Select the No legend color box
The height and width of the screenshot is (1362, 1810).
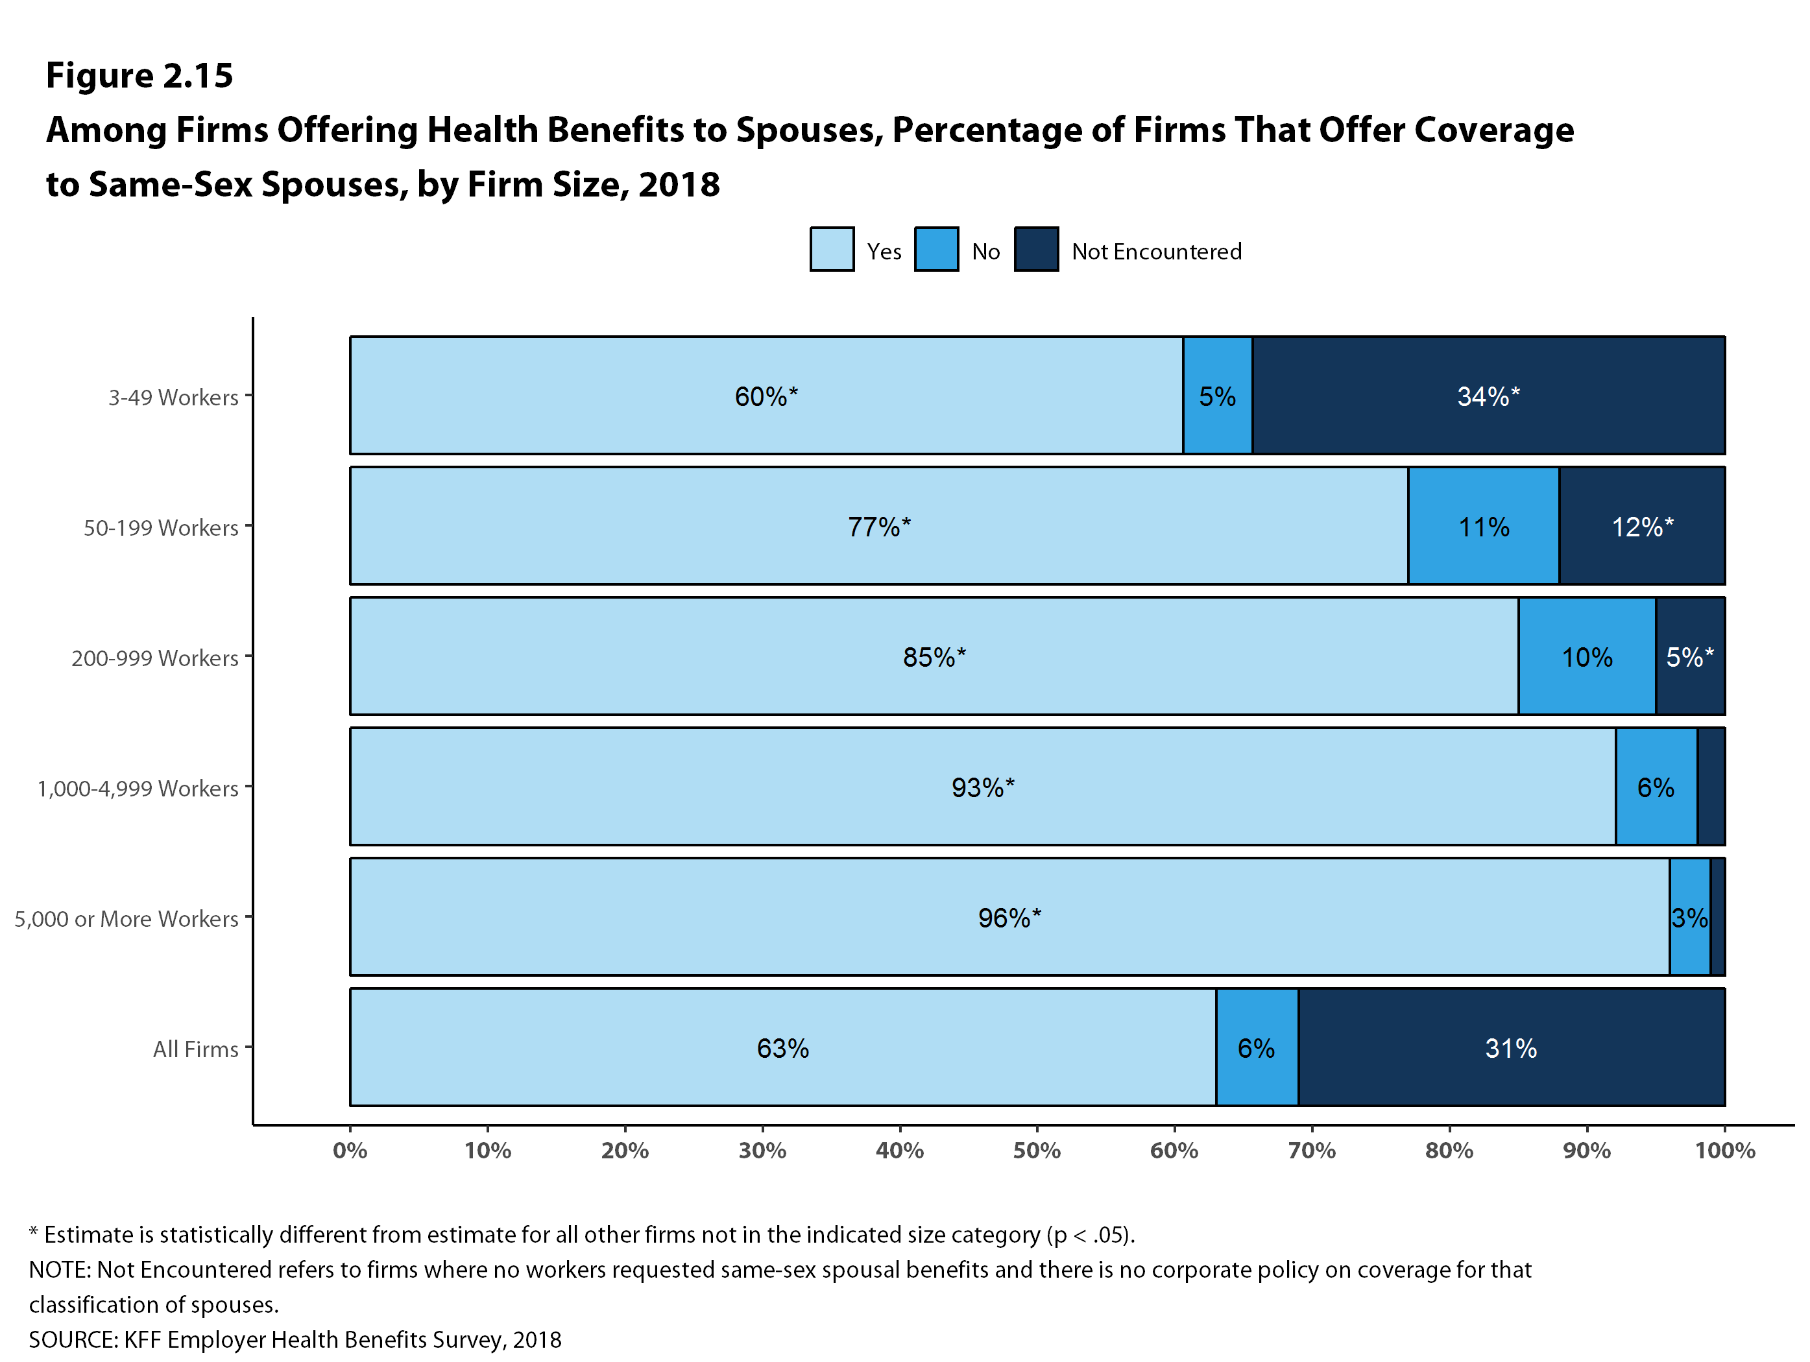point(936,248)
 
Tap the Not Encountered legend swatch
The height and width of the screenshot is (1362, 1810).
point(1036,248)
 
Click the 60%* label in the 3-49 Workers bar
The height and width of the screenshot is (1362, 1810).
point(766,397)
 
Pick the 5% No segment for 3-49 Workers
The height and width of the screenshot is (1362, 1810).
point(1218,395)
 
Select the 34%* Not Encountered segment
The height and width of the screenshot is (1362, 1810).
point(1488,395)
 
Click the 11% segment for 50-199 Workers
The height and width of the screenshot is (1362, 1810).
point(1484,526)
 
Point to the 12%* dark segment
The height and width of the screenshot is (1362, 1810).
point(1642,526)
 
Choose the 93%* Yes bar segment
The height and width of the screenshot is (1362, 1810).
point(983,786)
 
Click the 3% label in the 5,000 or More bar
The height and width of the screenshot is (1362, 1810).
point(1690,918)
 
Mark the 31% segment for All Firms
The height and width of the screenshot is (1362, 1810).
point(1512,1047)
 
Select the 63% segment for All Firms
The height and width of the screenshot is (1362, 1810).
point(783,1047)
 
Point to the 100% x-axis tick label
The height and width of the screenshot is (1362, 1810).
point(1725,1151)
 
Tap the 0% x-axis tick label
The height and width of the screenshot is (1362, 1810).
point(350,1151)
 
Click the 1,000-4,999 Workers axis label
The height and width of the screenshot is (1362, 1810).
point(138,789)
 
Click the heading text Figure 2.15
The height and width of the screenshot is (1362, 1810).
point(139,75)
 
